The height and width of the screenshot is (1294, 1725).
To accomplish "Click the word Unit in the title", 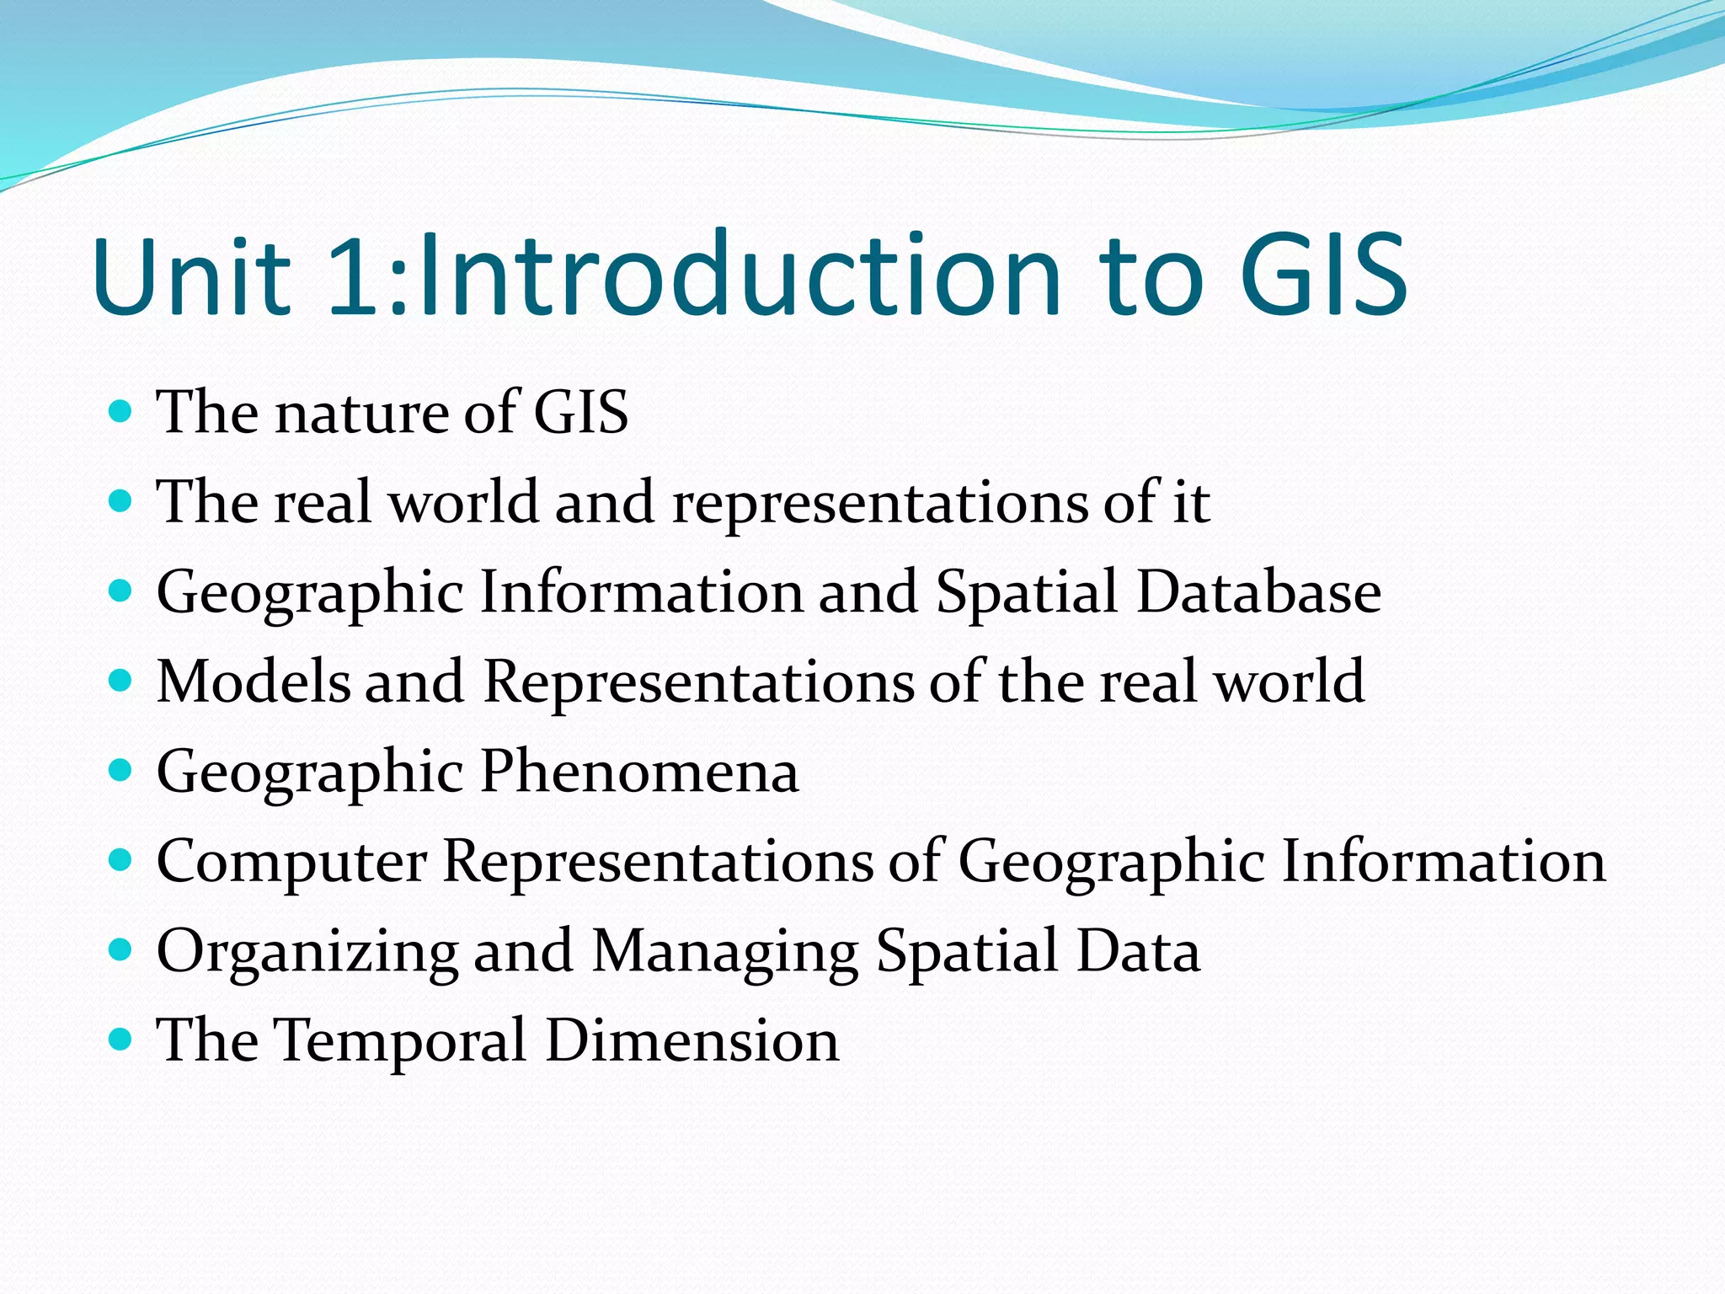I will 192,275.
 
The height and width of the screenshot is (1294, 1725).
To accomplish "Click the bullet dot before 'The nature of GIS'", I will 121,412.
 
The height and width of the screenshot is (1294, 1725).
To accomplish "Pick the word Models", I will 254,682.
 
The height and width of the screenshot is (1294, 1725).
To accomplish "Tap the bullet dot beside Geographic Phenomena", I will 121,770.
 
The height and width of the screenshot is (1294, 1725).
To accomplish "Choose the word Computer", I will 292,863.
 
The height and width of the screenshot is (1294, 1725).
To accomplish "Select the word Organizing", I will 307,952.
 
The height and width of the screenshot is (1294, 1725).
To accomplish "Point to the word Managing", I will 725,952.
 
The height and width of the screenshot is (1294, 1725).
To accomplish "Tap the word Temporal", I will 403,1041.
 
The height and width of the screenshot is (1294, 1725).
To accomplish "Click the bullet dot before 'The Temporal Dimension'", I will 121,1040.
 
